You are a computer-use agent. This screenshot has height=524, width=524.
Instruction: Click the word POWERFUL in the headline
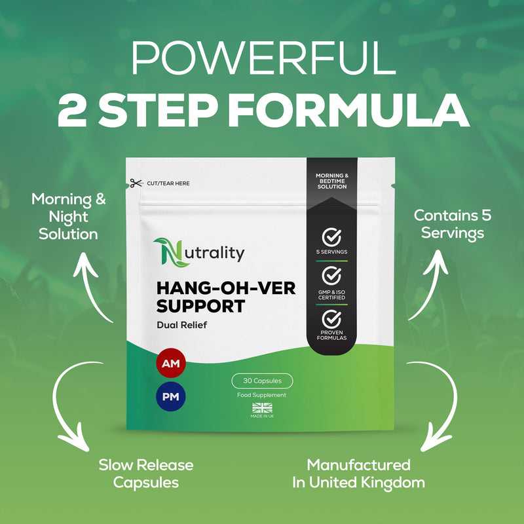264,58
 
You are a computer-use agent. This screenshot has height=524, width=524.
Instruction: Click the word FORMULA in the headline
348,111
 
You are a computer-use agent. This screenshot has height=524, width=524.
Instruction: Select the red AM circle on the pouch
171,363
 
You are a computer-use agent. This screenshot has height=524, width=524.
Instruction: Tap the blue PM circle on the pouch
171,397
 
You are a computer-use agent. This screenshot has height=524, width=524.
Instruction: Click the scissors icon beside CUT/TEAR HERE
136,183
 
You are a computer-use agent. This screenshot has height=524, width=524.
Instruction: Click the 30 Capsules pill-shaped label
263,381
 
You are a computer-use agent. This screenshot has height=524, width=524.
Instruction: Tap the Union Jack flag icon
263,407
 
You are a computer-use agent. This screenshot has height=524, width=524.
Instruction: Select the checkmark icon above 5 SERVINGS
331,237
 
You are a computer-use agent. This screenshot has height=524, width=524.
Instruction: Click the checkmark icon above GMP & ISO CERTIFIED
331,276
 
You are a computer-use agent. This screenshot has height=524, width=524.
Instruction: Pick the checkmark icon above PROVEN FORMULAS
331,319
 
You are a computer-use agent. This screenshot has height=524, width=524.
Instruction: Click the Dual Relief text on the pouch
182,325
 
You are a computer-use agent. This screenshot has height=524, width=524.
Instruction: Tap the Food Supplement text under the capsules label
261,395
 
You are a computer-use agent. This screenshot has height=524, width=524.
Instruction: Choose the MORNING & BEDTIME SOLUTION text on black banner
332,181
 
